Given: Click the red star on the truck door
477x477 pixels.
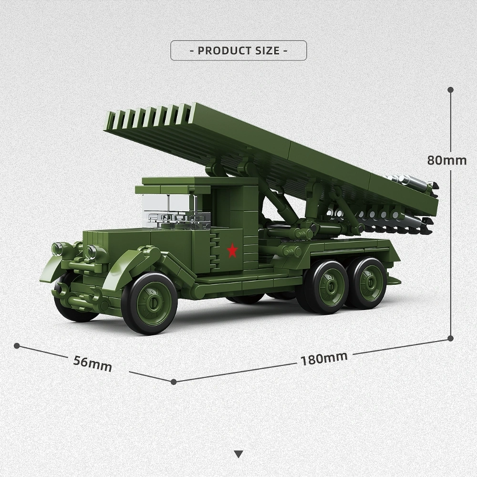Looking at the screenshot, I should (x=232, y=250).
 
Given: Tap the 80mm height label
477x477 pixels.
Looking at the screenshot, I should (x=446, y=160).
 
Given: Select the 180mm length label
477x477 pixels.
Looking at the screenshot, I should (x=324, y=358).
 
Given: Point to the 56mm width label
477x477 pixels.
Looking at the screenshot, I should (x=93, y=363).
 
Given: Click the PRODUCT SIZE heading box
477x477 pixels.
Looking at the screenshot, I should (x=238, y=51).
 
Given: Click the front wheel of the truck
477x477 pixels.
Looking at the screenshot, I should (x=149, y=303).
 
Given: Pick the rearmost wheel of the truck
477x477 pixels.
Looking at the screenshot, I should (x=366, y=283).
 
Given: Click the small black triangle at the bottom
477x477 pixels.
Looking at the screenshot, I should (x=238, y=454).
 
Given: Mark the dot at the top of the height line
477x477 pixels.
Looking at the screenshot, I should (x=450, y=90).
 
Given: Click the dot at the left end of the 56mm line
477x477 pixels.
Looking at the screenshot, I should (x=17, y=345).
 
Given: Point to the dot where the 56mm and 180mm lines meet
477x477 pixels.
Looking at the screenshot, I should (x=174, y=382).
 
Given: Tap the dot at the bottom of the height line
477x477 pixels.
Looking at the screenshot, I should (x=450, y=338).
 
